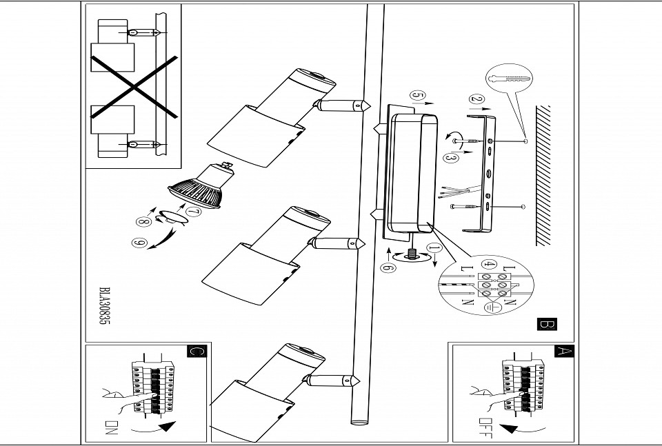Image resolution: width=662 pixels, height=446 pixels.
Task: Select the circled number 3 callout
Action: (x=450, y=159)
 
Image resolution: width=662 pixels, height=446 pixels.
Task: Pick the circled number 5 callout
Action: (x=417, y=95)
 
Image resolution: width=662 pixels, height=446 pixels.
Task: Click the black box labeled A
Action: (x=563, y=352)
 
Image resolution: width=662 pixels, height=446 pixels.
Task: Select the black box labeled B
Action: (x=546, y=323)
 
